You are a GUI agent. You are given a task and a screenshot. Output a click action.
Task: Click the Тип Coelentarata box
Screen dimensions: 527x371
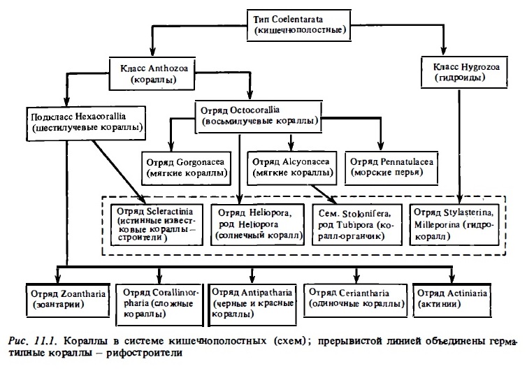pyautogui.click(x=298, y=25)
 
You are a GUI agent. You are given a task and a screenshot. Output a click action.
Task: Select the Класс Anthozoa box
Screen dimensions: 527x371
pyautogui.click(x=152, y=73)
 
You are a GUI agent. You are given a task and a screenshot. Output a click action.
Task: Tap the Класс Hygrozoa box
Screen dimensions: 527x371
pyautogui.click(x=464, y=72)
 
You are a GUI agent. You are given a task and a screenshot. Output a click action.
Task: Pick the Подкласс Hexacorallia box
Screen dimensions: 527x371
pyautogui.click(x=86, y=124)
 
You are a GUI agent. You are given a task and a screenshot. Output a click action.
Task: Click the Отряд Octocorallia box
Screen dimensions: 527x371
pyautogui.click(x=258, y=117)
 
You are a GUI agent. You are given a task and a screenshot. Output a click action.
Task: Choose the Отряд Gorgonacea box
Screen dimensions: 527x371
pyautogui.click(x=186, y=168)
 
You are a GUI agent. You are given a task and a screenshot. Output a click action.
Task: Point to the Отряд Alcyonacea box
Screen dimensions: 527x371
pyautogui.click(x=291, y=168)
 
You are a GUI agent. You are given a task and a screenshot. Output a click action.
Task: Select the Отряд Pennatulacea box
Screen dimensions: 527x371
pyautogui.click(x=391, y=168)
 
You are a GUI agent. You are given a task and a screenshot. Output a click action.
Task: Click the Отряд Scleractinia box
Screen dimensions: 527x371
pyautogui.click(x=157, y=225)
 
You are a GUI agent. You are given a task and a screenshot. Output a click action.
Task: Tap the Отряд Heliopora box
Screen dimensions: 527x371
pyautogui.click(x=257, y=225)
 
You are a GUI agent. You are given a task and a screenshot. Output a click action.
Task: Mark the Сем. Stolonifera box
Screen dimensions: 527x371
pyautogui.click(x=357, y=225)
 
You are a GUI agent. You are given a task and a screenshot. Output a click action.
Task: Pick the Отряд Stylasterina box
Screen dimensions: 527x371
pyautogui.click(x=454, y=225)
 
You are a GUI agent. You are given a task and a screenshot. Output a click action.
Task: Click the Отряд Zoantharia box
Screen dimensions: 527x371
pyautogui.click(x=68, y=300)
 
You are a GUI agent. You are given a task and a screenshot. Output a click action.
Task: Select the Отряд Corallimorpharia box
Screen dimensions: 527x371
pyautogui.click(x=159, y=305)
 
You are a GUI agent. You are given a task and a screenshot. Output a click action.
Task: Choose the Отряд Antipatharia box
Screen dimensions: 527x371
pyautogui.click(x=252, y=305)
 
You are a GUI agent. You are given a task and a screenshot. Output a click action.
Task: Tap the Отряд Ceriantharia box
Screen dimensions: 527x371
pyautogui.click(x=355, y=300)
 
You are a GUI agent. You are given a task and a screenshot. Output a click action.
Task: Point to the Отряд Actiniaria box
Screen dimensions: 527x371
pyautogui.click(x=452, y=300)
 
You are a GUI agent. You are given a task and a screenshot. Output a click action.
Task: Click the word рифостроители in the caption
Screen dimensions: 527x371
pyautogui.click(x=144, y=354)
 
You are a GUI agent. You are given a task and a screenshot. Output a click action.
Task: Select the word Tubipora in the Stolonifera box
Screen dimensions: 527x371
pyautogui.click(x=356, y=224)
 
